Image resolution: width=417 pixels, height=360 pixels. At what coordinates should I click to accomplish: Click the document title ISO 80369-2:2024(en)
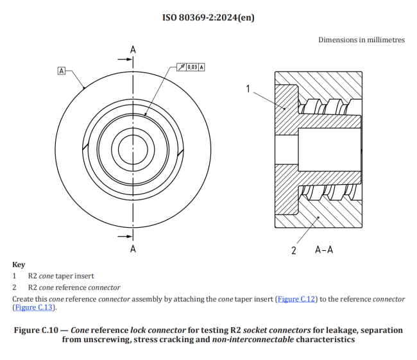tap(208, 17)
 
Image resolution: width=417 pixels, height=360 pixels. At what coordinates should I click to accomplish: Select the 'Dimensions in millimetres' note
tap(361, 40)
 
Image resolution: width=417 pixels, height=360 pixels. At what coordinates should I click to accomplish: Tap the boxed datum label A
tap(62, 71)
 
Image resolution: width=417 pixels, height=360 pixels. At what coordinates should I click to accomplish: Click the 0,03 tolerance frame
tap(191, 67)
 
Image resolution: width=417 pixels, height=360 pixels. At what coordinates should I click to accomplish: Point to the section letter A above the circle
tap(133, 49)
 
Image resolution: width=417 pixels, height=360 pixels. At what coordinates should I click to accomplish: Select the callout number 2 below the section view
tap(294, 250)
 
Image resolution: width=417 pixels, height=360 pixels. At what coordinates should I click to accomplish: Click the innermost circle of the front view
tap(133, 148)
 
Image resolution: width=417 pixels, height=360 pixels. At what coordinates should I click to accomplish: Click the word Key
tap(19, 264)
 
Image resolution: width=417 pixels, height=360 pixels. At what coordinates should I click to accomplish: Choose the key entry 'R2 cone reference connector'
tap(74, 287)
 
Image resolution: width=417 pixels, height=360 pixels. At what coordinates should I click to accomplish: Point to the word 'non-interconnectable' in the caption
tap(253, 339)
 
